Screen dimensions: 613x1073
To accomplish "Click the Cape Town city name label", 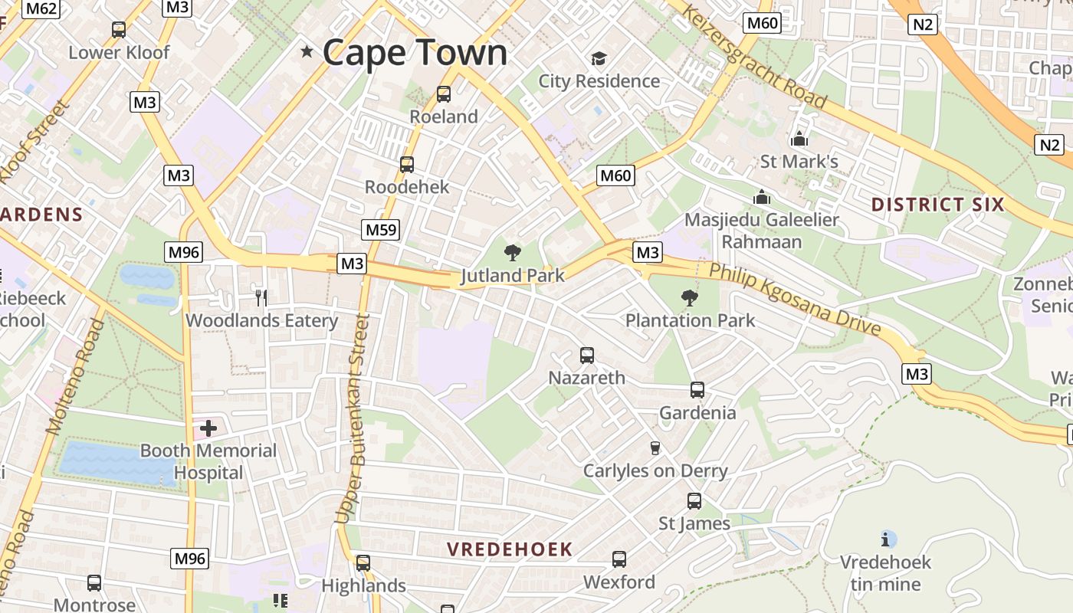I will tap(415, 52).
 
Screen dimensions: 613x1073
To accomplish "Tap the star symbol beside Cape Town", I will tap(307, 51).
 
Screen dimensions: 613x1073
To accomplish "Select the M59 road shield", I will tap(381, 229).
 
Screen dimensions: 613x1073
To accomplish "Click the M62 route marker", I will tap(41, 8).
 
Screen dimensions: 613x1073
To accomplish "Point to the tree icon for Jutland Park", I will tap(512, 253).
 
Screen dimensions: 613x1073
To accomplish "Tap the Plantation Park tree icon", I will tap(690, 297).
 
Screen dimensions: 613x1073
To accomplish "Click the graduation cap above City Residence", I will tap(599, 58).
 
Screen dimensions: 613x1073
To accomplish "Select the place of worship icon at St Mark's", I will tap(799, 139).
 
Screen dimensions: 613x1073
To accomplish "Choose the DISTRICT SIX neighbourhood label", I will tap(937, 205).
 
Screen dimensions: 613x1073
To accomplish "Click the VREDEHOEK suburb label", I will tap(510, 549).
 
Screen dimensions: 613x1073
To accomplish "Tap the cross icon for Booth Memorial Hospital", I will tap(208, 428).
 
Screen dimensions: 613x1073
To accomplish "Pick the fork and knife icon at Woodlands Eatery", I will tap(261, 297).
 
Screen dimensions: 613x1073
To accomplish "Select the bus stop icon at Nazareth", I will tap(587, 355).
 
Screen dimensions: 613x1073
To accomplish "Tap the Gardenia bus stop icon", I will tap(697, 389).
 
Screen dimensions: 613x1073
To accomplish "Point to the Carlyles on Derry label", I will tap(655, 470).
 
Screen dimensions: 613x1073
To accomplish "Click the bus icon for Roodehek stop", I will tap(407, 164).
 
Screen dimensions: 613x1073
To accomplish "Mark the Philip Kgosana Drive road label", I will tap(794, 299).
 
